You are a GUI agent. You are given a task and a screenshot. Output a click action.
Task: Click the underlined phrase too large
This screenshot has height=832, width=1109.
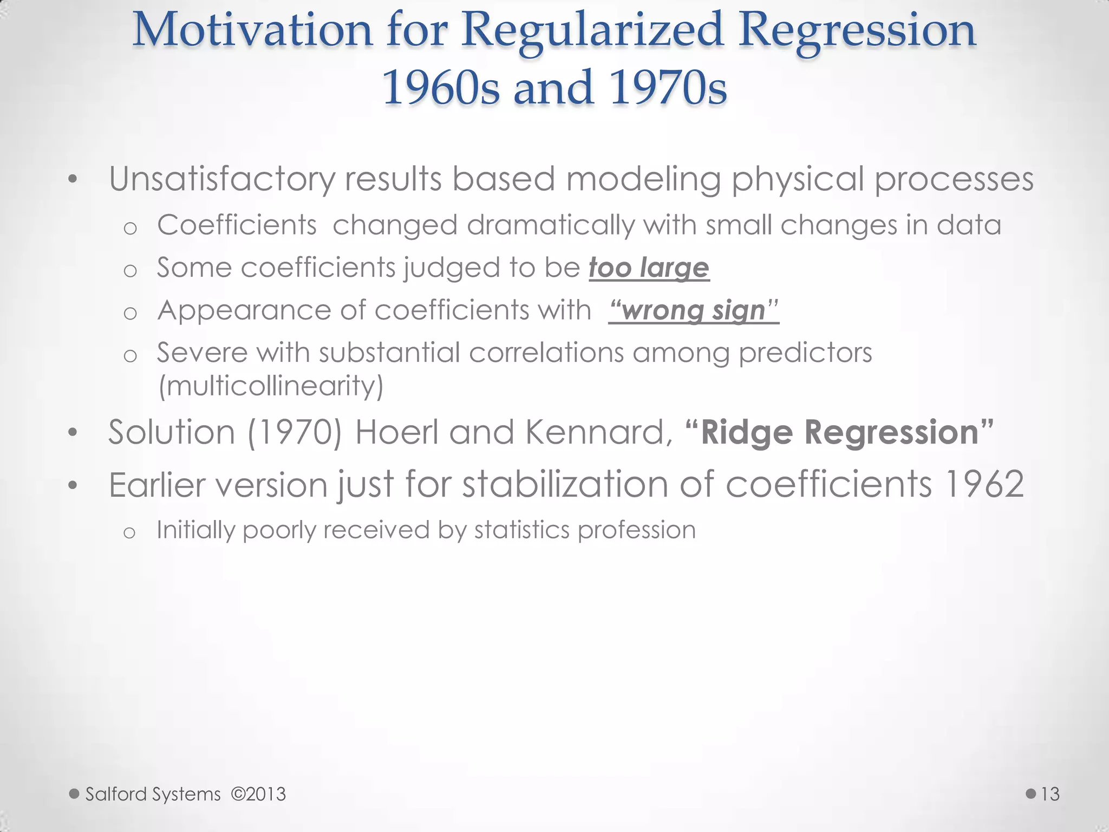click(x=649, y=268)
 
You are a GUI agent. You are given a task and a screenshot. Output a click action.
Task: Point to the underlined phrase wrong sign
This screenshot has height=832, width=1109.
click(x=694, y=310)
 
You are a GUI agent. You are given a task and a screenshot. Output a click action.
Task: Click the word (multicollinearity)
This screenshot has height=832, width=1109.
click(x=271, y=386)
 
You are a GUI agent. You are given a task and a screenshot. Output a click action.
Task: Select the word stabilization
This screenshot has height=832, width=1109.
click(x=565, y=484)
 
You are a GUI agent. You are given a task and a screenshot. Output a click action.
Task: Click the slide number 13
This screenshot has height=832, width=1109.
click(x=1050, y=794)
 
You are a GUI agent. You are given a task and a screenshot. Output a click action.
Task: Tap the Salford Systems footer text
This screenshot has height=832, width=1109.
click(x=153, y=794)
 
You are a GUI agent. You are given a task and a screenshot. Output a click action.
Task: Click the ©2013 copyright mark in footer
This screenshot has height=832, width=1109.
click(x=258, y=794)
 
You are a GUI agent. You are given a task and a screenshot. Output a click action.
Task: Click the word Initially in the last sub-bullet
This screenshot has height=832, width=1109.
click(x=195, y=530)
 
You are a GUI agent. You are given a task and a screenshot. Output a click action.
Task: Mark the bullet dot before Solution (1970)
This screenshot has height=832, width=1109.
click(x=73, y=433)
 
